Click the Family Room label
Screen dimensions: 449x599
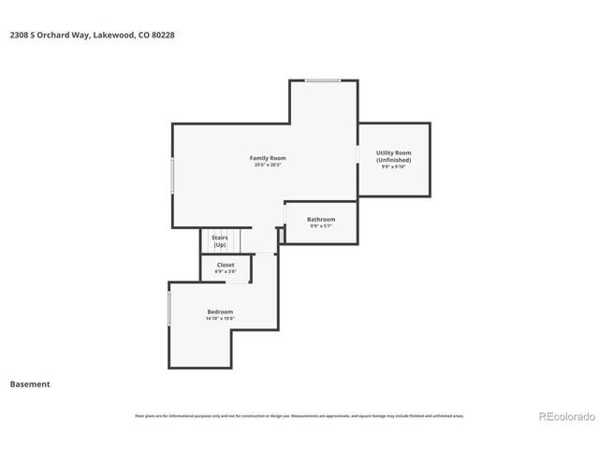(267, 157)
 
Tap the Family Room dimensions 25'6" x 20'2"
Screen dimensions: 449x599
(267, 165)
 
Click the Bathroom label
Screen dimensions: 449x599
(321, 219)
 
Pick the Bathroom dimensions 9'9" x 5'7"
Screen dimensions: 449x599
(321, 226)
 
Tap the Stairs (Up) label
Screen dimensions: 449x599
(220, 241)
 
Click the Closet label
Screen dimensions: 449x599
(226, 265)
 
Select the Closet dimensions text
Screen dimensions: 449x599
(226, 272)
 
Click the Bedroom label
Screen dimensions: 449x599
(220, 311)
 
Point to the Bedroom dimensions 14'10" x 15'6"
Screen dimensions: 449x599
(220, 319)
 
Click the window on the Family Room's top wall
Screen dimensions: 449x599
(323, 80)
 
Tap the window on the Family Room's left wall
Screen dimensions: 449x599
(171, 175)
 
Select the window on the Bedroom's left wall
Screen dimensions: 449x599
(168, 309)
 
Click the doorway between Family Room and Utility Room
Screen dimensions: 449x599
(358, 154)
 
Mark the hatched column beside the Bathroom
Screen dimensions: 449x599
(279, 240)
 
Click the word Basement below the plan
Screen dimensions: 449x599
(30, 384)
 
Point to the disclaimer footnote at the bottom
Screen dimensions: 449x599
(299, 415)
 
